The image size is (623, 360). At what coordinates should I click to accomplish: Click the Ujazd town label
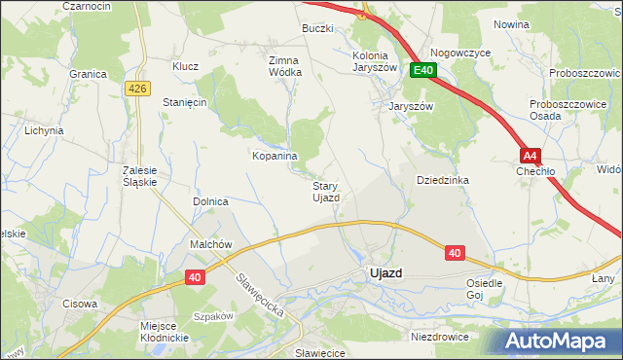click(x=385, y=273)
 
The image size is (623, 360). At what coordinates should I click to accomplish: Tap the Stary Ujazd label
click(x=325, y=192)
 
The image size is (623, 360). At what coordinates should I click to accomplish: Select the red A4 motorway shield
click(x=529, y=155)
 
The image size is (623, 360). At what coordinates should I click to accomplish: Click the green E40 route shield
click(x=422, y=70)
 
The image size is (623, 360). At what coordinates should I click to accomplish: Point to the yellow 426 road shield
click(x=138, y=89)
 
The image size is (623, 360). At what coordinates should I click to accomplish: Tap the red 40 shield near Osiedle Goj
click(x=455, y=252)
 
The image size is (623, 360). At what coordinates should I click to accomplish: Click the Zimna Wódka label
click(x=285, y=65)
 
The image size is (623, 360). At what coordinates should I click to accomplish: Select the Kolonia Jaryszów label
click(x=376, y=62)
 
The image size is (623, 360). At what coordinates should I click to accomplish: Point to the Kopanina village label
click(x=275, y=156)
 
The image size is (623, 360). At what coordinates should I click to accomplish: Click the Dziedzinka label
click(x=443, y=180)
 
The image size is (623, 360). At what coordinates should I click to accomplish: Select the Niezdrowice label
click(x=439, y=337)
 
